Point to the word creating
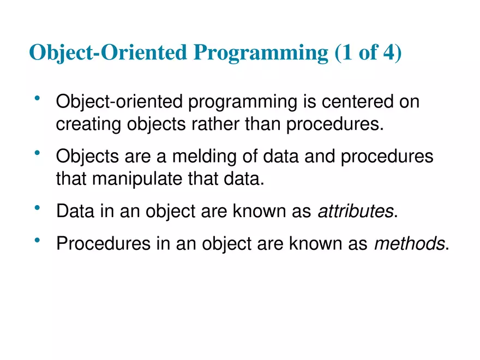click(88, 124)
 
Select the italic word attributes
click(355, 211)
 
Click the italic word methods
click(409, 244)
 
